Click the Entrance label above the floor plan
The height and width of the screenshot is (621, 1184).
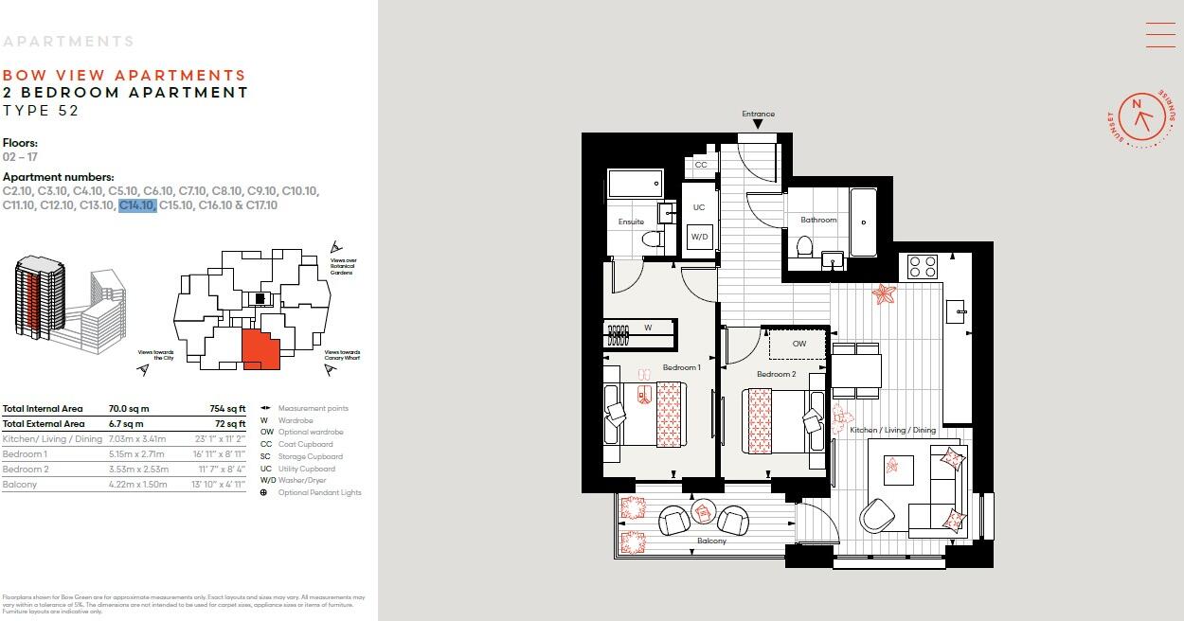pyautogui.click(x=758, y=115)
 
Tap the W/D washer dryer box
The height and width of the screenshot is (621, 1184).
pyautogui.click(x=699, y=237)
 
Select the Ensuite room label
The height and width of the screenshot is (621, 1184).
pyautogui.click(x=631, y=222)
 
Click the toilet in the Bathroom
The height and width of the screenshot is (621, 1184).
pyautogui.click(x=805, y=247)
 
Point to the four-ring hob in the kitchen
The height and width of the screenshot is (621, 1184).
pyautogui.click(x=923, y=266)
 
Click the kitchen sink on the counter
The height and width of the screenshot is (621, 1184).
pyautogui.click(x=958, y=310)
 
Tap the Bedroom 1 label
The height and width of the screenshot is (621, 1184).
pyautogui.click(x=681, y=367)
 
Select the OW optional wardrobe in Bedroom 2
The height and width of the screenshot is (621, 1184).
pyautogui.click(x=798, y=344)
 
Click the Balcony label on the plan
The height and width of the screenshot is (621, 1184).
pyautogui.click(x=711, y=541)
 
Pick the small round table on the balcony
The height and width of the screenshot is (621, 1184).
pyautogui.click(x=702, y=512)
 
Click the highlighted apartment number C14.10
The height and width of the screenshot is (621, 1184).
pyautogui.click(x=136, y=205)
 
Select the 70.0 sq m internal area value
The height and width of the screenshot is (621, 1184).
pyautogui.click(x=129, y=409)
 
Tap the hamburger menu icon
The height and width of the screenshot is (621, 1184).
pyautogui.click(x=1160, y=34)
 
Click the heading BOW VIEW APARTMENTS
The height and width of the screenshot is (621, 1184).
pyautogui.click(x=124, y=76)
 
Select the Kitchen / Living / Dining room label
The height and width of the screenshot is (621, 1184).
pyautogui.click(x=892, y=430)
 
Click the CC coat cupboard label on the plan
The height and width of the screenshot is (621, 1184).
pyautogui.click(x=701, y=165)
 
